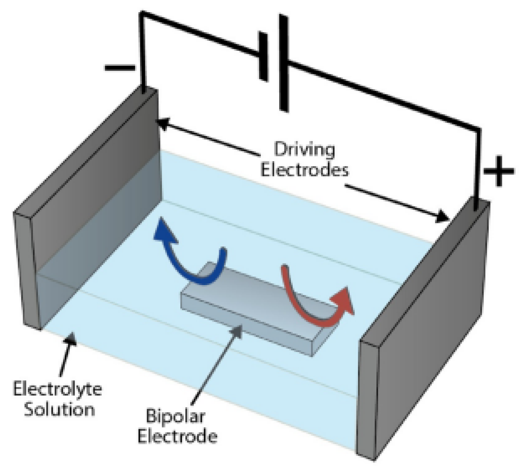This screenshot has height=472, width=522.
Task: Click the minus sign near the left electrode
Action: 120,68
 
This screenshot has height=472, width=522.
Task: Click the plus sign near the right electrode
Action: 499,171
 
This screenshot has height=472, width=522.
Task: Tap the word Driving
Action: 304,150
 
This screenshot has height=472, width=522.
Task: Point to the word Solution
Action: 59,410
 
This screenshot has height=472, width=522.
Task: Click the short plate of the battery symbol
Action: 263,57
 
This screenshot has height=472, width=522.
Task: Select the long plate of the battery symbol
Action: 284,63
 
